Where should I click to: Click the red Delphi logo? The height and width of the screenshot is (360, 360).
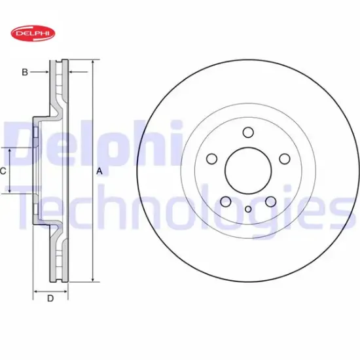click(33, 33)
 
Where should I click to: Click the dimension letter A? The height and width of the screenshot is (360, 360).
click(99, 171)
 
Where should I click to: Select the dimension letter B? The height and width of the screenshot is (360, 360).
click(25, 72)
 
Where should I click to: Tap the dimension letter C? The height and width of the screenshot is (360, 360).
click(3, 171)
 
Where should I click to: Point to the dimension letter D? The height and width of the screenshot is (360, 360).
click(50, 298)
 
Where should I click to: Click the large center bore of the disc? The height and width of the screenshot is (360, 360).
click(248, 171)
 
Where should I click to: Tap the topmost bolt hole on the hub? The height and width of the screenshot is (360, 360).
click(248, 132)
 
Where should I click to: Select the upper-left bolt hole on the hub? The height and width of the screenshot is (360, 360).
click(211, 158)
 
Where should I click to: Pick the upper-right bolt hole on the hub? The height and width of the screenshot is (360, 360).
click(285, 158)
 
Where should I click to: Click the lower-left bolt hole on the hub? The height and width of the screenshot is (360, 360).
click(226, 202)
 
